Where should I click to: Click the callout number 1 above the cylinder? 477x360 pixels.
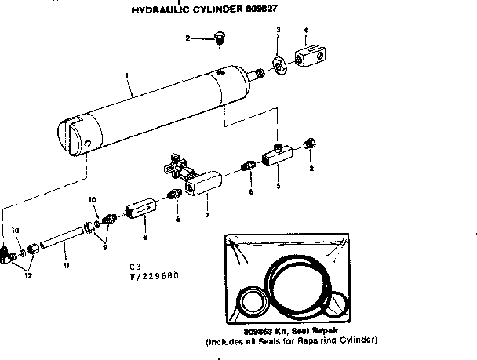tap(126, 77)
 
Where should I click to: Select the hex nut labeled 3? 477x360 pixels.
tap(278, 62)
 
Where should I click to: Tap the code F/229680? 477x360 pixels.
tap(156, 275)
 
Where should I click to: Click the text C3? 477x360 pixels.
tap(136, 267)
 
